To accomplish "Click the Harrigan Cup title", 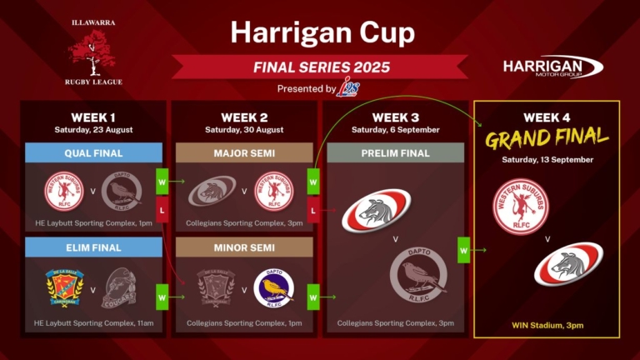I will [322, 33].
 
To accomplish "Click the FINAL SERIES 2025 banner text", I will [322, 67].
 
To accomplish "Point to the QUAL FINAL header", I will [94, 153].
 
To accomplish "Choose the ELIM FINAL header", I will [94, 247].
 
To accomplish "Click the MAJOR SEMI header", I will [245, 153].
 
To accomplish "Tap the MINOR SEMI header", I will [245, 247].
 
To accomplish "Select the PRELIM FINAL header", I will [396, 153].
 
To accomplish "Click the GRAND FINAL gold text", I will [547, 137].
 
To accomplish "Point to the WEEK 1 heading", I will [94, 117].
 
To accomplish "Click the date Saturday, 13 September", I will [547, 159].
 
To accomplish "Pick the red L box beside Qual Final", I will [162, 212].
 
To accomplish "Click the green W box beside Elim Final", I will [162, 295].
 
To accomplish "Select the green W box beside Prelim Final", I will [463, 248].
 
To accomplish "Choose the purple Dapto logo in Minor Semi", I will [273, 288].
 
